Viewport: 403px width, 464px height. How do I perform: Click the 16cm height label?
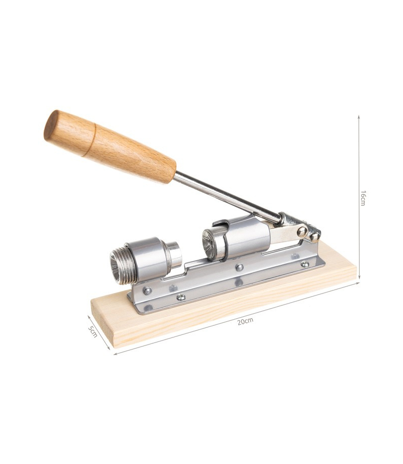[x=363, y=198]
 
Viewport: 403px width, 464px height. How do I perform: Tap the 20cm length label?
[x=245, y=321]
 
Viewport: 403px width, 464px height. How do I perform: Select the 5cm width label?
[x=93, y=331]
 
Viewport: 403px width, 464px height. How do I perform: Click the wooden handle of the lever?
[x=110, y=146]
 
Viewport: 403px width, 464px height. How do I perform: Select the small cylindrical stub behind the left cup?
[x=174, y=254]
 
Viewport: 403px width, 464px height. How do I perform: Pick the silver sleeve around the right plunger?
[x=245, y=236]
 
